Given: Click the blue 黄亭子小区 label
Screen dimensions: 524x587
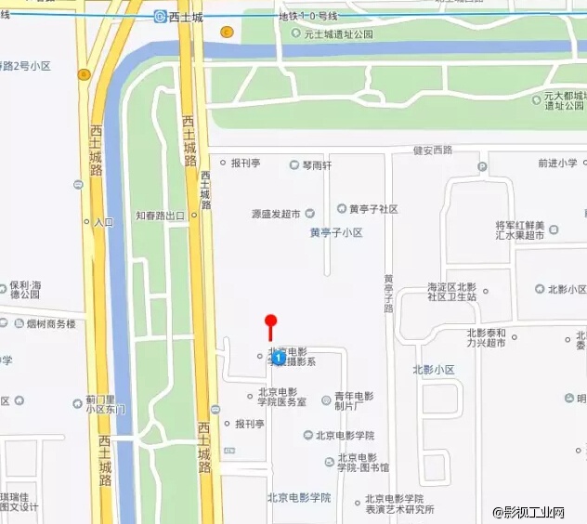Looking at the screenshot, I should (x=335, y=232).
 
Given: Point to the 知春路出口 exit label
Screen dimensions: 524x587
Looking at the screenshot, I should (x=162, y=215).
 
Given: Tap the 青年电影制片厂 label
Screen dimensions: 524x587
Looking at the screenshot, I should (x=353, y=400).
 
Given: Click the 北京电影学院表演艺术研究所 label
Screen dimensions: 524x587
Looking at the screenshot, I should (x=398, y=504).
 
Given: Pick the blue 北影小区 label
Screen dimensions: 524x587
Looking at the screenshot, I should (x=433, y=370).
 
